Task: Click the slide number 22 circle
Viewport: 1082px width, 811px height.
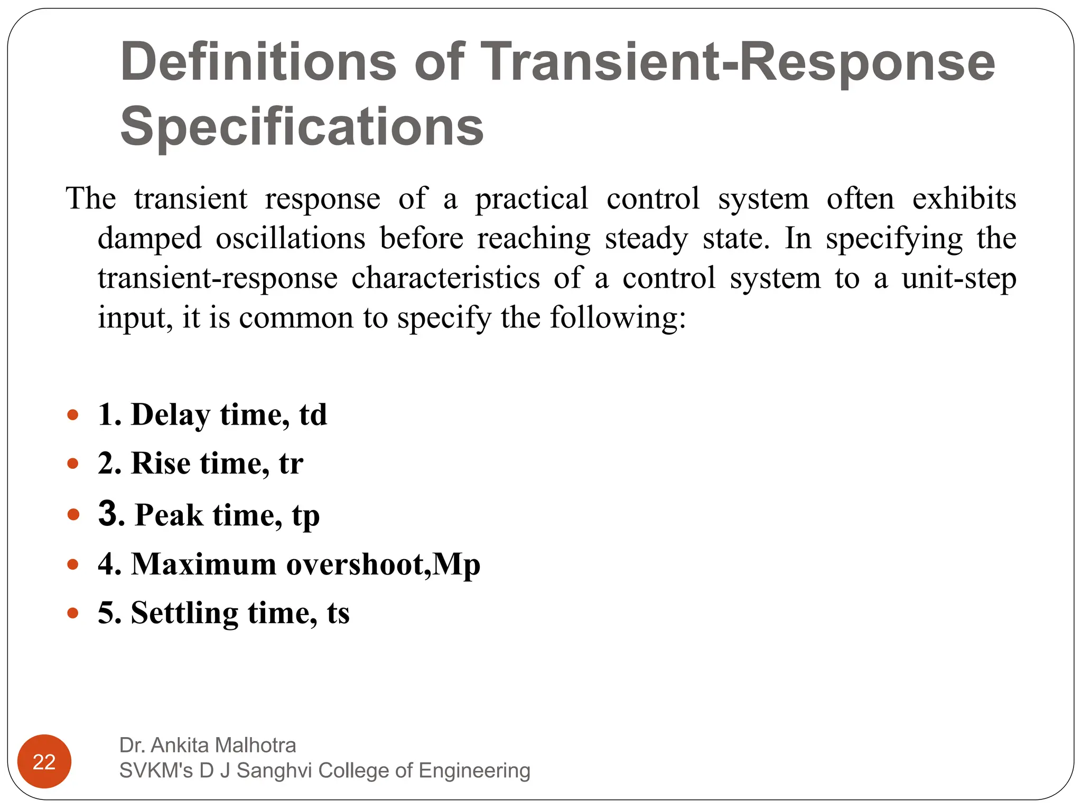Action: tap(44, 761)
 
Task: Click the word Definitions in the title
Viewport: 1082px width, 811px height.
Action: tap(258, 62)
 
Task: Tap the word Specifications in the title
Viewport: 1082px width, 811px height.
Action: tap(302, 127)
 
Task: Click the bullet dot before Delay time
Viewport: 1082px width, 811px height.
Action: tap(73, 415)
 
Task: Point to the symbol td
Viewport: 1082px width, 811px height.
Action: tap(313, 415)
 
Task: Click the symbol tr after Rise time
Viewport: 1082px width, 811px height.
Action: tap(291, 464)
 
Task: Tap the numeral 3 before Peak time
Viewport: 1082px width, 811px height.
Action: tap(108, 513)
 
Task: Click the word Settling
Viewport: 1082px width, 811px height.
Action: tap(184, 613)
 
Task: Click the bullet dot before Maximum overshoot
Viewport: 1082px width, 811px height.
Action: tap(73, 564)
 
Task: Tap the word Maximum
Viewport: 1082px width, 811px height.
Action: tap(203, 564)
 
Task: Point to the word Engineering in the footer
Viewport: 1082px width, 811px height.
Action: tap(474, 770)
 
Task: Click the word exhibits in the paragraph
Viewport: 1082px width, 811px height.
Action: tap(964, 199)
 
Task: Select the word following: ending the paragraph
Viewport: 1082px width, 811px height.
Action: tap(618, 318)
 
